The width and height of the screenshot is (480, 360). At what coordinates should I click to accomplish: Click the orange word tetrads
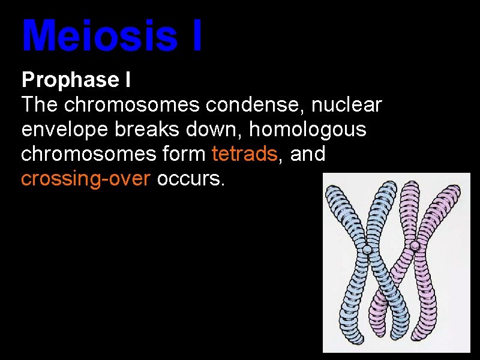click(x=245, y=154)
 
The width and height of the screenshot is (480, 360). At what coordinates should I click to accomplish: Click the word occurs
click(x=190, y=179)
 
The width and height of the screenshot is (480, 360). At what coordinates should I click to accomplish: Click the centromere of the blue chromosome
click(x=368, y=248)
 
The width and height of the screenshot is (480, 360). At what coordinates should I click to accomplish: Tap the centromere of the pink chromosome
click(x=415, y=246)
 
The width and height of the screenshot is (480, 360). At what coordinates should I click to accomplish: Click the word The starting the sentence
click(x=40, y=105)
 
